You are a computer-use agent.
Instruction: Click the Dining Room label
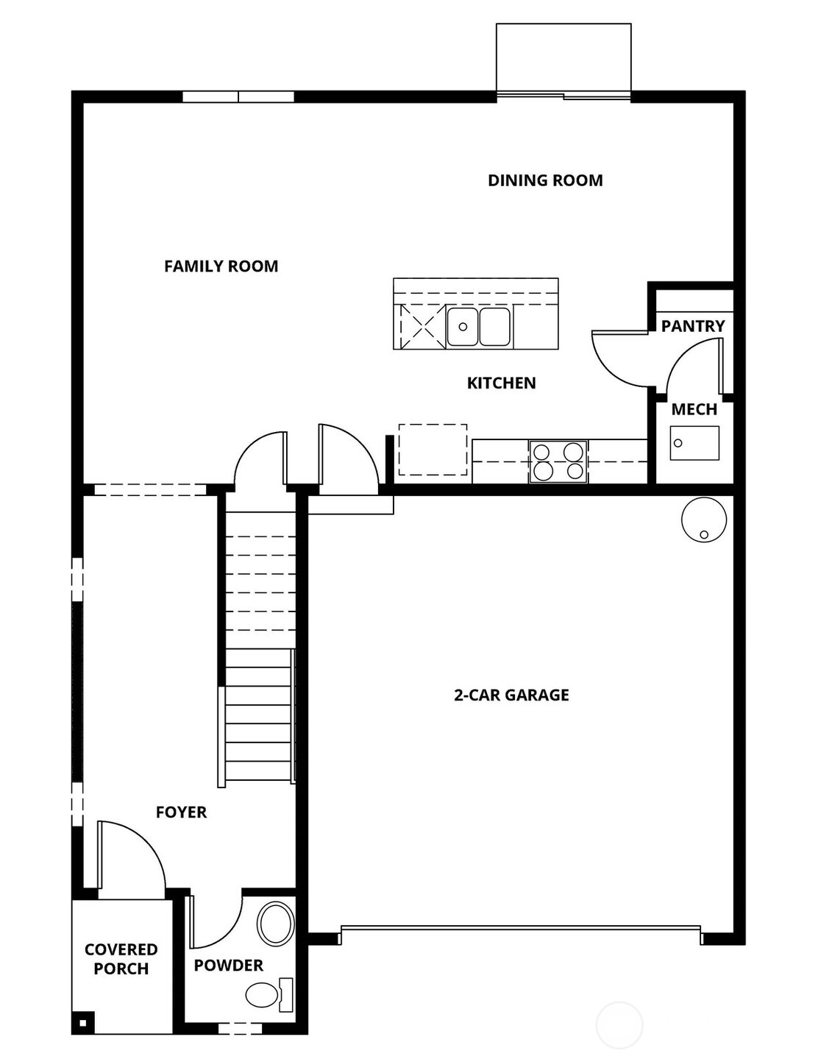click(545, 180)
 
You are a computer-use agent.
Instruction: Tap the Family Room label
click(221, 266)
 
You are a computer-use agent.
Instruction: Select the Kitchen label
click(501, 383)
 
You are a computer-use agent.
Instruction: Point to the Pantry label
click(692, 326)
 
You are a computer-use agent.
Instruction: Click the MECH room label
click(694, 410)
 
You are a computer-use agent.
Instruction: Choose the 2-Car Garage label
click(511, 695)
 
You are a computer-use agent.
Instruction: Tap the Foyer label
click(181, 812)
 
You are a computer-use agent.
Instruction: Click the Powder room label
click(228, 966)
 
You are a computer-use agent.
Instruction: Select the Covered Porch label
click(121, 959)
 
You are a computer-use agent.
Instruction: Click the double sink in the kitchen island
click(479, 327)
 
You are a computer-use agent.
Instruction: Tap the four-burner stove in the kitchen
click(558, 461)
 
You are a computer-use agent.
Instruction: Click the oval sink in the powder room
click(276, 923)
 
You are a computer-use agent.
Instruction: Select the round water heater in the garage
click(704, 520)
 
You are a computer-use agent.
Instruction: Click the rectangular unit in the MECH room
click(694, 443)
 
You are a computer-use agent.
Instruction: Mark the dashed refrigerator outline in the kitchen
click(433, 450)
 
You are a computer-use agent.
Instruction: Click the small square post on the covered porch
click(82, 1022)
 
